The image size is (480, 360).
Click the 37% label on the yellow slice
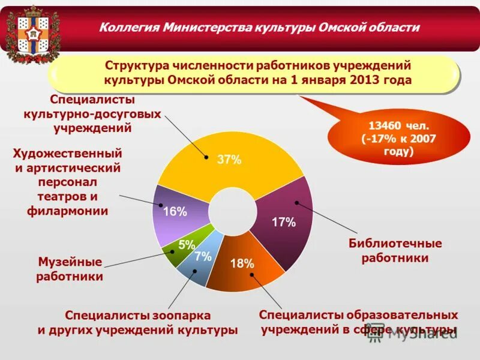229,160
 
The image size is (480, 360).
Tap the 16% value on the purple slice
175,211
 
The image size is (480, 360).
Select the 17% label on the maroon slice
284,222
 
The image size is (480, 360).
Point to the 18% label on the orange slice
242,263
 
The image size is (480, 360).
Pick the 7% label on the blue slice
203,256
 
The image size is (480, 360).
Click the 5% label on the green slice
187,245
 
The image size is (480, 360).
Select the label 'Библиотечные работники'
395,251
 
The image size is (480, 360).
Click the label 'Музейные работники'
70,269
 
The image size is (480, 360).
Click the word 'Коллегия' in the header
128,28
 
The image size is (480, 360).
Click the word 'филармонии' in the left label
67,211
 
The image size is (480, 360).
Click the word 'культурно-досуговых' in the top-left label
92,113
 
